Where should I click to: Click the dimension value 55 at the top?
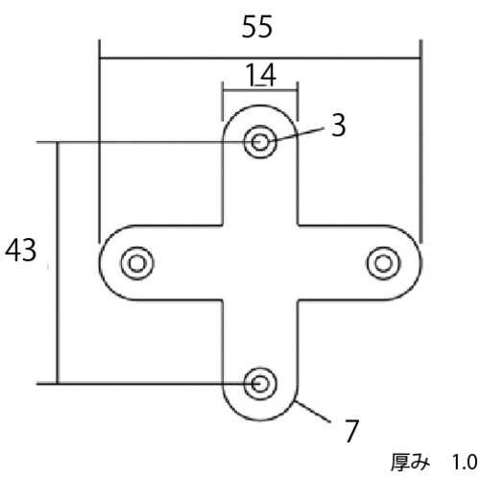(258, 27)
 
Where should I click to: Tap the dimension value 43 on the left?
(21, 252)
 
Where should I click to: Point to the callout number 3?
(337, 127)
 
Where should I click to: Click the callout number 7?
(351, 430)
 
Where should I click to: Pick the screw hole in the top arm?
(260, 143)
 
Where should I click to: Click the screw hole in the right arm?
(383, 262)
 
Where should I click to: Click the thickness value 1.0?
(465, 463)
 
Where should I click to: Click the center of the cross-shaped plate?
(260, 262)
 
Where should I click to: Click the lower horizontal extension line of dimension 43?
(144, 384)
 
